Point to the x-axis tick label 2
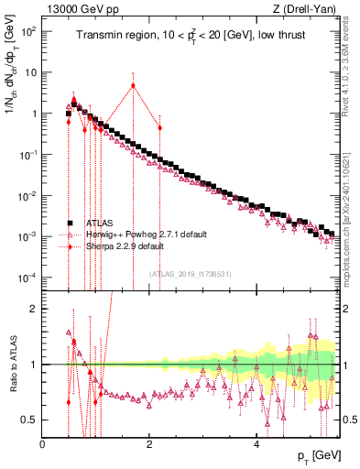pos(149,443)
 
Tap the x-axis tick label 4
pos(256,443)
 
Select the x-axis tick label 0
pos(43,443)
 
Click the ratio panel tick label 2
pos(33,309)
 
